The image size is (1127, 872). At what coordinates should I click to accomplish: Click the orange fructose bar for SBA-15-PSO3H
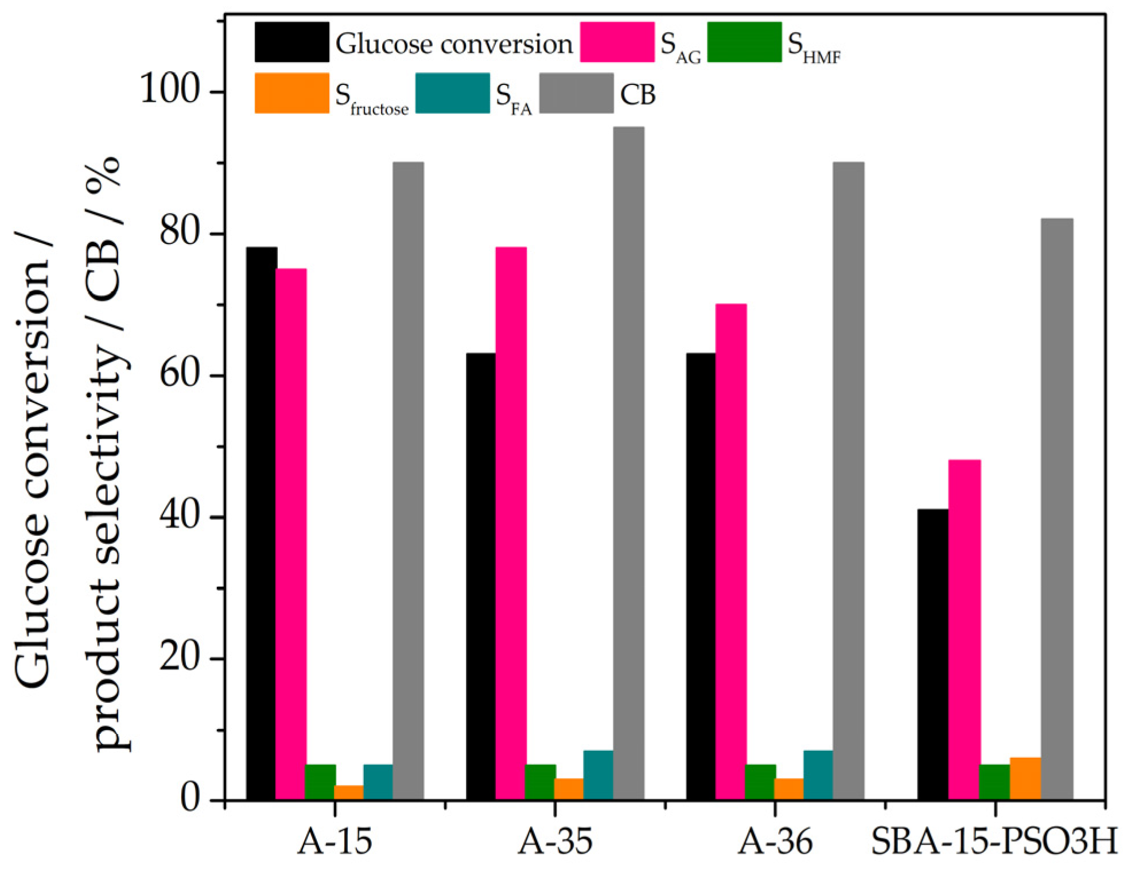[x=1025, y=779]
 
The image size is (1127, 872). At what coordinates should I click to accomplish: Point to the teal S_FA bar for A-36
[x=818, y=775]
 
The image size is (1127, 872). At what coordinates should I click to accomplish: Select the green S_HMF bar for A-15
[x=320, y=782]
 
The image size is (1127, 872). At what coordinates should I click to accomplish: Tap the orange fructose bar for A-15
[x=349, y=792]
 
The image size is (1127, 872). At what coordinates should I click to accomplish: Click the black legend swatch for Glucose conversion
[x=292, y=42]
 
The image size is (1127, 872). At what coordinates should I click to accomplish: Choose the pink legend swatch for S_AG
[x=617, y=42]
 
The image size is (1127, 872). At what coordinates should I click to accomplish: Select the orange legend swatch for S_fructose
[x=292, y=93]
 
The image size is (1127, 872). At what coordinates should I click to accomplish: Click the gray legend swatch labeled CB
[x=576, y=93]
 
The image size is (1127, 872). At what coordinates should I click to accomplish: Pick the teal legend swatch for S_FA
[x=452, y=93]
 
